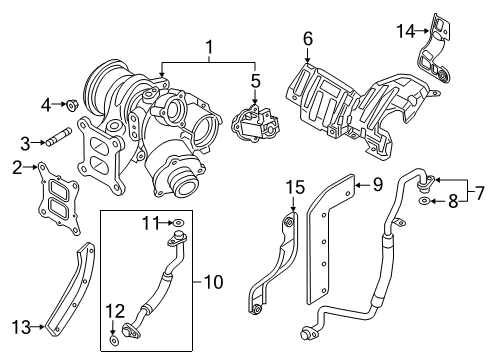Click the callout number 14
click(x=406, y=31)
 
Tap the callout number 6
click(x=308, y=39)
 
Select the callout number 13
click(x=22, y=327)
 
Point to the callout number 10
click(x=213, y=282)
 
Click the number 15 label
click(x=295, y=187)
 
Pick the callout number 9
click(x=378, y=184)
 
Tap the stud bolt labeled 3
click(x=59, y=136)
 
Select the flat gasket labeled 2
click(x=58, y=199)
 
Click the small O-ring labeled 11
click(x=179, y=223)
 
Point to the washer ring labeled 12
click(x=114, y=341)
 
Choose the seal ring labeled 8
click(x=424, y=201)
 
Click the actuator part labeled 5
click(x=255, y=123)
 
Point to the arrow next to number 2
click(x=30, y=167)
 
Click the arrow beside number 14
click(x=422, y=31)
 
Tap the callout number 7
click(x=479, y=193)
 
